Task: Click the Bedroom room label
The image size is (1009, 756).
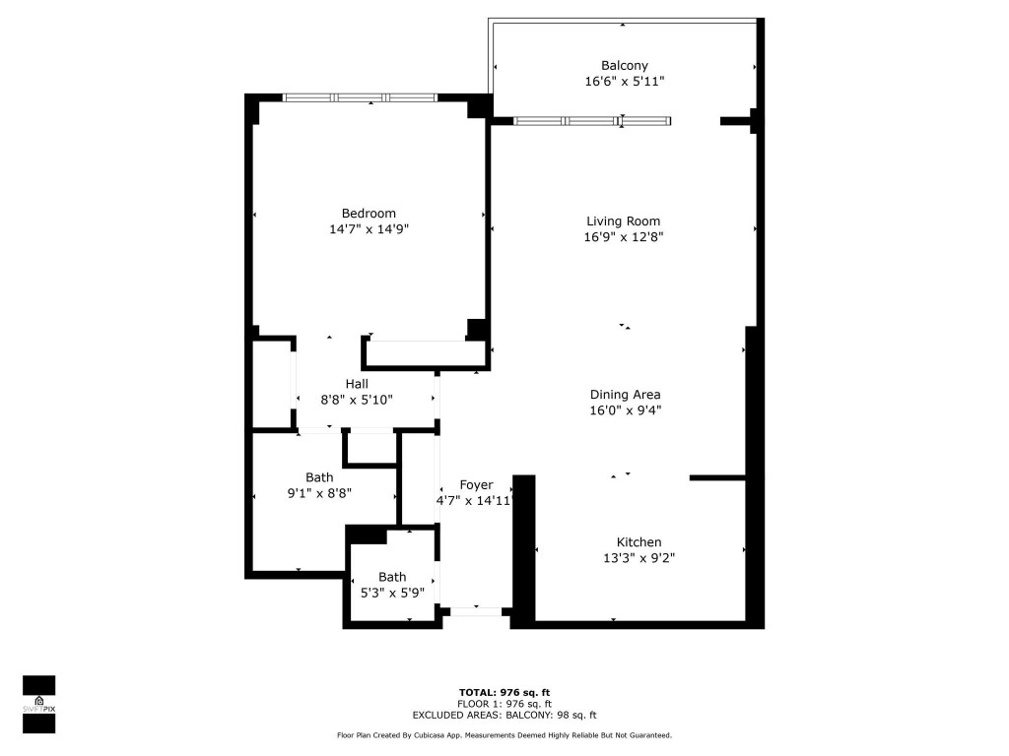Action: (x=369, y=214)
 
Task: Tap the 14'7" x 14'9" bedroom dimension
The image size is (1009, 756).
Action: (x=369, y=229)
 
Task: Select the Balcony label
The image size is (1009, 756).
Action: (x=624, y=66)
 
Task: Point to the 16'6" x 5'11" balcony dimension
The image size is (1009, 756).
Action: (x=624, y=82)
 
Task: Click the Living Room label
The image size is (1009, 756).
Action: (x=623, y=221)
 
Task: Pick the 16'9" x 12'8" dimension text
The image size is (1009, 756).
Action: (x=623, y=237)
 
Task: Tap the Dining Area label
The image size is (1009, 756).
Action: (x=624, y=395)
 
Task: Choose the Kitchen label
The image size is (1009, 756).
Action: (x=639, y=542)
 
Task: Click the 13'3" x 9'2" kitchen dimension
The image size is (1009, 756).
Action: (x=639, y=558)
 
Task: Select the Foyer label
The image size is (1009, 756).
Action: (x=476, y=485)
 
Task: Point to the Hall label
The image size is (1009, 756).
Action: (x=357, y=384)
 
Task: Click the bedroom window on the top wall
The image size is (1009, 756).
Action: (x=360, y=97)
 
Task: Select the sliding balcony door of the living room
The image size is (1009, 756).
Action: (x=592, y=121)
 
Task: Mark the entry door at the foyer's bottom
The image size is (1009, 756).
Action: (x=476, y=611)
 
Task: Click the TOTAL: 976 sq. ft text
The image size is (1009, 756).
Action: (x=504, y=691)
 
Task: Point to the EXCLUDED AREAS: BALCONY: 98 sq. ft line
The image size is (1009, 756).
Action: (x=504, y=716)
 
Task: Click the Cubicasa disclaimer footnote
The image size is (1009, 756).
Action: (x=504, y=735)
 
